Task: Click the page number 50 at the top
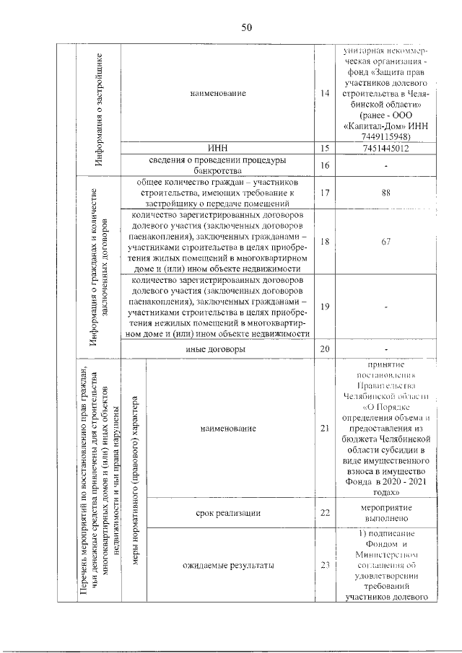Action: point(245,27)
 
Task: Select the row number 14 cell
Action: point(325,93)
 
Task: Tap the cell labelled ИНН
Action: point(218,149)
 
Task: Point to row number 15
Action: point(325,149)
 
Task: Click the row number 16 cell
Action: point(325,166)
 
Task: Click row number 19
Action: point(325,307)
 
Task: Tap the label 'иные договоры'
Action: point(218,349)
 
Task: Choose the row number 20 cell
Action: point(325,349)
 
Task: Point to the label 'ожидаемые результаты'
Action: point(229,565)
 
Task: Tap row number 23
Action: point(325,565)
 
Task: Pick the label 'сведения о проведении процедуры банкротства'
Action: point(218,166)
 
